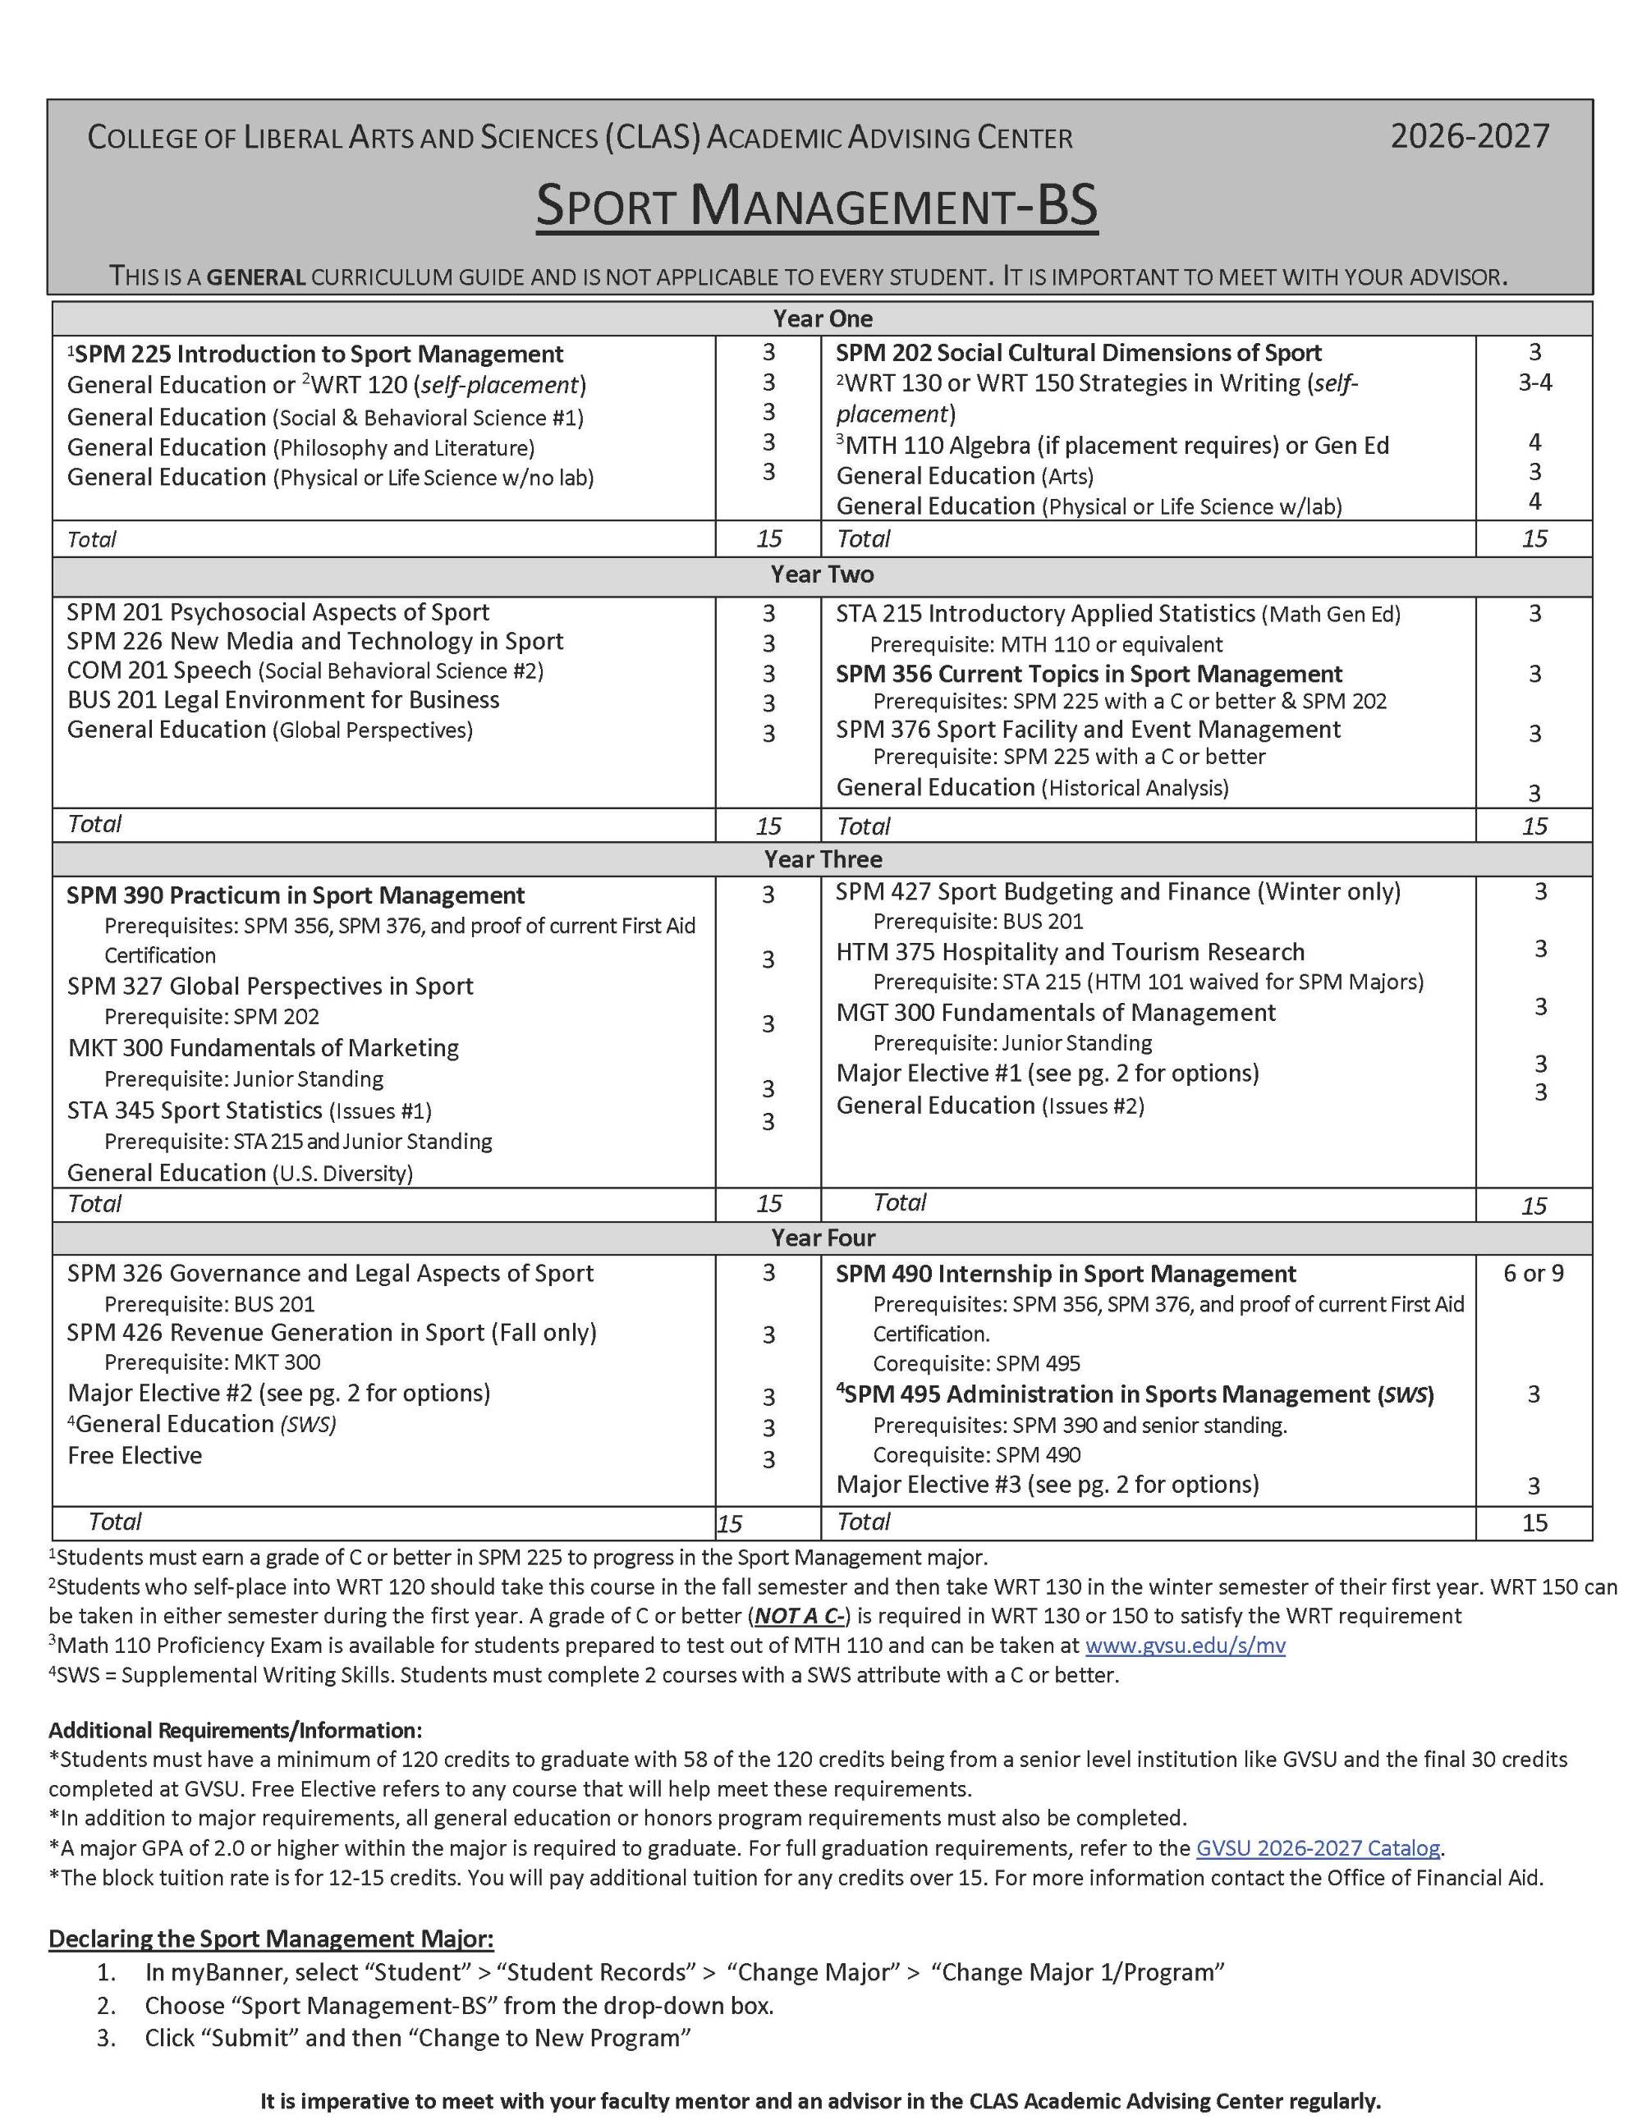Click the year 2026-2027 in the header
[1469, 136]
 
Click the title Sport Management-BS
[817, 206]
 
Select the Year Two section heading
[822, 574]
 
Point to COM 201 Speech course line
[305, 671]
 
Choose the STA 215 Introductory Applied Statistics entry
[1117, 614]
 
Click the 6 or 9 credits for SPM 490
[1533, 1273]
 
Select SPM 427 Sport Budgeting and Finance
[1117, 892]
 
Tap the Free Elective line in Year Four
[135, 1455]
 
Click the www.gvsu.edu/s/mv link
[1184, 1646]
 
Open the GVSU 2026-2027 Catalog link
[1317, 1847]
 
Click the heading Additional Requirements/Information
[236, 1730]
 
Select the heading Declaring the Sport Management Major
[272, 1939]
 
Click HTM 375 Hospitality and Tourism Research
[1070, 952]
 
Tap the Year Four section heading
[822, 1238]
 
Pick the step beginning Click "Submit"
[417, 2038]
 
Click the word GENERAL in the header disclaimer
[257, 277]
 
